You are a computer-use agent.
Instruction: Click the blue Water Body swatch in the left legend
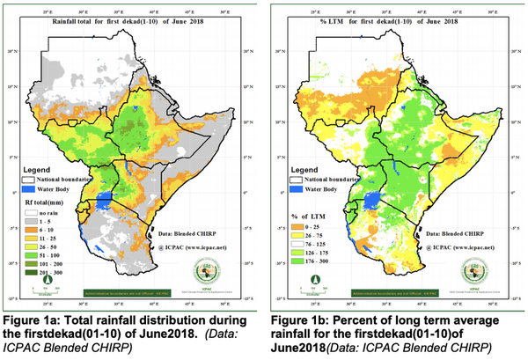[28, 188]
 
